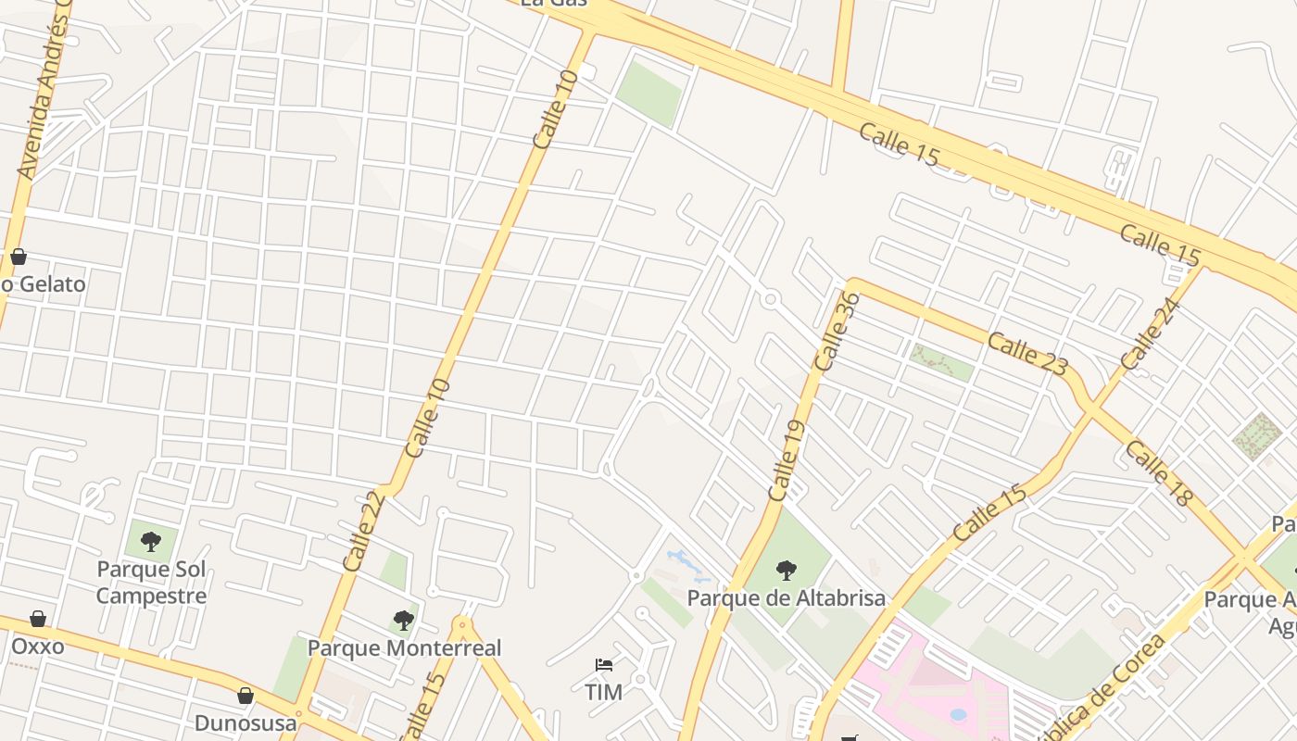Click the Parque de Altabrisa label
(786, 598)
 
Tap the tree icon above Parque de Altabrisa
(786, 570)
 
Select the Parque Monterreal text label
(404, 647)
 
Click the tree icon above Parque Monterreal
(403, 620)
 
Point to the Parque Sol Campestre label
(151, 582)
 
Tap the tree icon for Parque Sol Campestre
(151, 541)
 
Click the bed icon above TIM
(603, 665)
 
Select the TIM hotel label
(603, 691)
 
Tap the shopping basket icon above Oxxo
(38, 618)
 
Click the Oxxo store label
(38, 645)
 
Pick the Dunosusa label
(246, 722)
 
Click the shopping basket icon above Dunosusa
(246, 695)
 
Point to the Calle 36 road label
(838, 331)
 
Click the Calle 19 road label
(785, 460)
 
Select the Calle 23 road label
(1026, 353)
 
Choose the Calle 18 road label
(1158, 473)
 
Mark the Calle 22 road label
(363, 530)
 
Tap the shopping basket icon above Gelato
(18, 257)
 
